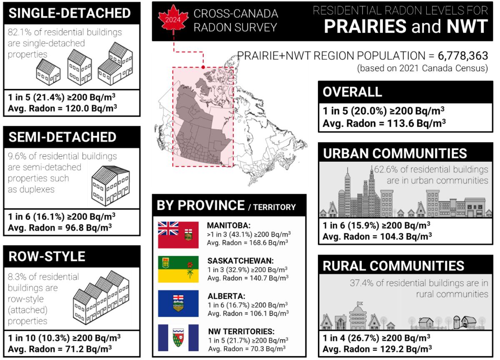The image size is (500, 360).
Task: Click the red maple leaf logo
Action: pyautogui.click(x=173, y=20)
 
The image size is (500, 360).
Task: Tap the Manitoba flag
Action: pyautogui.click(x=178, y=235)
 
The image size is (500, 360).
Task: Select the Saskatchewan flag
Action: pyautogui.click(x=178, y=269)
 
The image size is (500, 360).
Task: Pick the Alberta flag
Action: pyautogui.click(x=178, y=303)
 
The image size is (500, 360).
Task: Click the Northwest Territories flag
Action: pyautogui.click(x=178, y=337)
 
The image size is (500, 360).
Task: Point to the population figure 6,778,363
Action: pyautogui.click(x=463, y=56)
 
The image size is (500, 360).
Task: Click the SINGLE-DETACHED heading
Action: pyautogui.click(x=70, y=13)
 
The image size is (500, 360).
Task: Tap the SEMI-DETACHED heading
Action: pyautogui.click(x=62, y=137)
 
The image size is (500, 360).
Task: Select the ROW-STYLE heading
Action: pyautogui.click(x=47, y=256)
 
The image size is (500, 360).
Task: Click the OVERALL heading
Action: pyautogui.click(x=352, y=92)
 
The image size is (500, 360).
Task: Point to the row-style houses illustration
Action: pyautogui.click(x=101, y=297)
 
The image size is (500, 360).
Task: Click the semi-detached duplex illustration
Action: pyautogui.click(x=111, y=186)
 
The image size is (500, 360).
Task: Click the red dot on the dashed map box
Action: pyautogui.click(x=203, y=67)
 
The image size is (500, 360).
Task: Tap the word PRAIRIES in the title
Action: pyautogui.click(x=365, y=26)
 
